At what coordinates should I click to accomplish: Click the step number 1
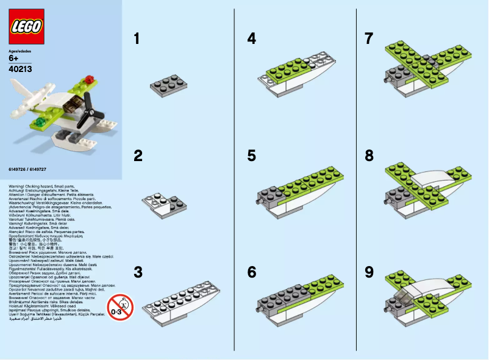pos(137,39)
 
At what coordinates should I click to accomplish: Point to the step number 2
pos(138,156)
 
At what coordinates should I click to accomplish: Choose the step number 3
pos(138,272)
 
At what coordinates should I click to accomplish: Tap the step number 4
pos(251,39)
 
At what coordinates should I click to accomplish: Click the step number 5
pos(251,156)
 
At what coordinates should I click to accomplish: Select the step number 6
pos(251,272)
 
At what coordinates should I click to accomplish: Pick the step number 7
pos(369,39)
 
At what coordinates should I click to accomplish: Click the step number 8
pos(369,156)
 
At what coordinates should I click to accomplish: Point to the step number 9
pos(369,272)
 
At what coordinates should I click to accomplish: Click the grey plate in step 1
pos(168,85)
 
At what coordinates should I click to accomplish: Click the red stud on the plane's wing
pos(91,79)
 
